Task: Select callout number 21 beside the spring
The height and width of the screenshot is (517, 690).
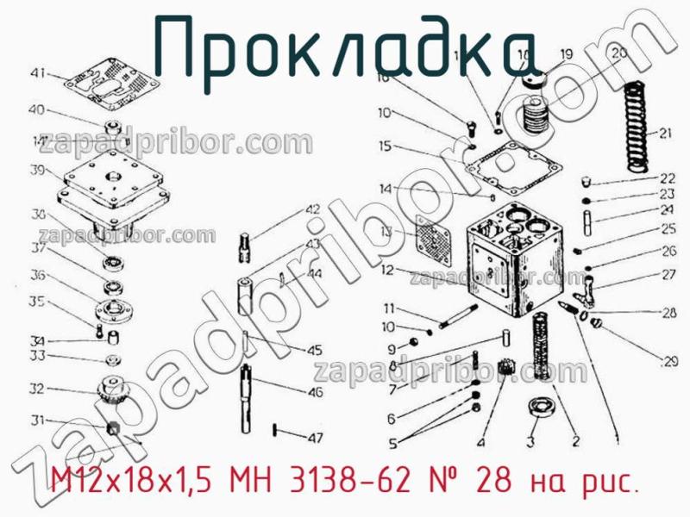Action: pyautogui.click(x=664, y=133)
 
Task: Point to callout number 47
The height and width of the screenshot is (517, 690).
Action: pyautogui.click(x=316, y=437)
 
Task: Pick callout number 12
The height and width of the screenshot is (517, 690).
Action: pyautogui.click(x=386, y=270)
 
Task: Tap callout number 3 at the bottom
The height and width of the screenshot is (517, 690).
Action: pyautogui.click(x=531, y=441)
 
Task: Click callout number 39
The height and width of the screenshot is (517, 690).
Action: pyautogui.click(x=36, y=170)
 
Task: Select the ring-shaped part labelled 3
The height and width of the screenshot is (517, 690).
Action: pyautogui.click(x=542, y=407)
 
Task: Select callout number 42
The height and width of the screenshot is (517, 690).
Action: pyautogui.click(x=311, y=209)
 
